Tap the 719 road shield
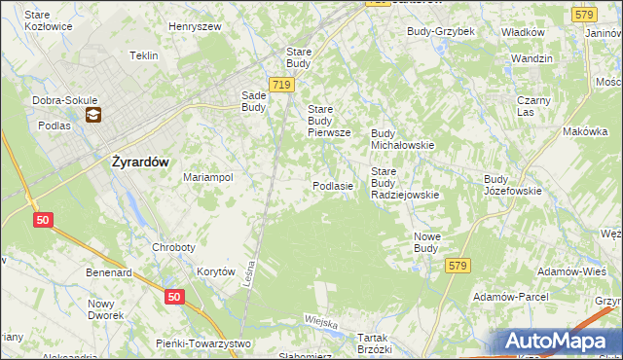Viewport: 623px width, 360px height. tap(281, 86)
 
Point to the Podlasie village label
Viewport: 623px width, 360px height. tap(332, 186)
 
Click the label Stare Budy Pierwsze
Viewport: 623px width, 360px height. tap(335, 121)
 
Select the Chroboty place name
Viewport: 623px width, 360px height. tap(174, 247)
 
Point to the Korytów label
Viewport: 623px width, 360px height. tap(216, 272)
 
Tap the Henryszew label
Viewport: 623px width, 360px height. tap(196, 26)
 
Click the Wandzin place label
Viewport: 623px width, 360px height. tap(531, 58)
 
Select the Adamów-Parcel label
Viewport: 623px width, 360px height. tap(509, 296)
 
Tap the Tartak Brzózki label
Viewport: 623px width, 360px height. tap(374, 342)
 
